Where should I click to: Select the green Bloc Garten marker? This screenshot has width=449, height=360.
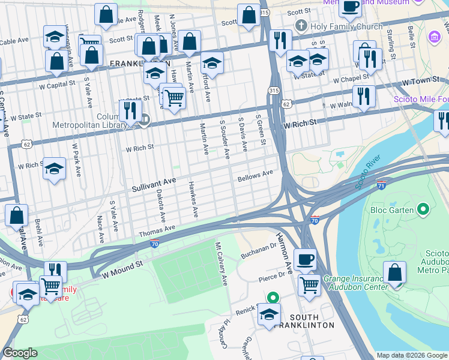[423, 209]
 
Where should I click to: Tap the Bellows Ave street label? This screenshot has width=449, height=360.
[255, 175]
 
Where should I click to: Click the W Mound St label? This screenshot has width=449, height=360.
[122, 268]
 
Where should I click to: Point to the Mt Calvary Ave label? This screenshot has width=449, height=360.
[221, 264]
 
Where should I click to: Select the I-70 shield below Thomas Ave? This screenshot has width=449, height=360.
[154, 244]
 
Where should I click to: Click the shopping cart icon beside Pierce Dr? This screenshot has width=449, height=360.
[309, 284]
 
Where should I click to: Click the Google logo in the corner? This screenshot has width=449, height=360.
[20, 353]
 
